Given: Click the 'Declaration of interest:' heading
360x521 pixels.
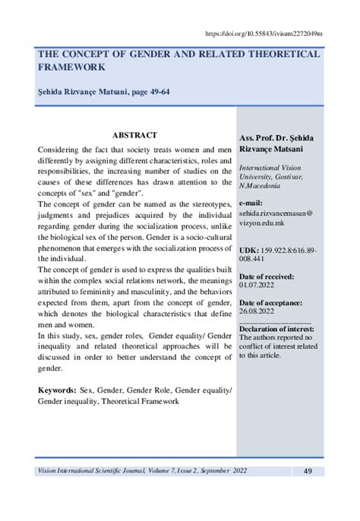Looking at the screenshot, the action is pyautogui.click(x=279, y=339).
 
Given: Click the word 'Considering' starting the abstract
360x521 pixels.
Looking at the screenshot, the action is pyautogui.click(x=62, y=150).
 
